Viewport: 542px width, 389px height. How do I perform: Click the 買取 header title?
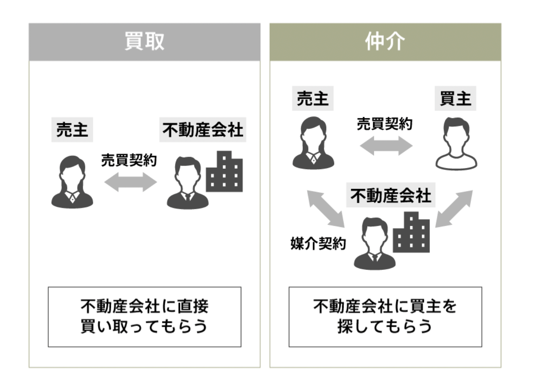pyautogui.click(x=144, y=41)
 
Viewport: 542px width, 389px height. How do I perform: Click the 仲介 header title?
pyautogui.click(x=385, y=41)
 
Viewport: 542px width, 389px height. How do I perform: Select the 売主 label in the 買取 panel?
pyautogui.click(x=72, y=130)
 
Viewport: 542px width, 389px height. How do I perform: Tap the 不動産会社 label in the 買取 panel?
pyautogui.click(x=202, y=130)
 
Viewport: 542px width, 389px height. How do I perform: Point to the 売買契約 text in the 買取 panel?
pyautogui.click(x=129, y=160)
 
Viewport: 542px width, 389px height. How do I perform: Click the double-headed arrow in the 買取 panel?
pyautogui.click(x=130, y=182)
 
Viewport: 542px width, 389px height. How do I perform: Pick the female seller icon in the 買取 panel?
pyautogui.click(x=72, y=182)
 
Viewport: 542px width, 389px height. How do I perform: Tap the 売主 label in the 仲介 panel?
pyautogui.click(x=313, y=98)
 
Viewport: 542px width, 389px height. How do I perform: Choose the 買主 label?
pyautogui.click(x=456, y=98)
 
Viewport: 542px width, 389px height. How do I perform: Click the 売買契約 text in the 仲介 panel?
pyautogui.click(x=384, y=124)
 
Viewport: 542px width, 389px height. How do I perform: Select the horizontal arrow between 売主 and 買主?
pyautogui.click(x=386, y=146)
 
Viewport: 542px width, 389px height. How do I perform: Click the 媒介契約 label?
pyautogui.click(x=318, y=243)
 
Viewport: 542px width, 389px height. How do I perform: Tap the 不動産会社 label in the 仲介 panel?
pyautogui.click(x=390, y=195)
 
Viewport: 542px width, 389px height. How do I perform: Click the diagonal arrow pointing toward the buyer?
pyautogui.click(x=454, y=209)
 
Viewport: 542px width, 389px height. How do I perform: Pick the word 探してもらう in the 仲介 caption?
pyautogui.click(x=384, y=326)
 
